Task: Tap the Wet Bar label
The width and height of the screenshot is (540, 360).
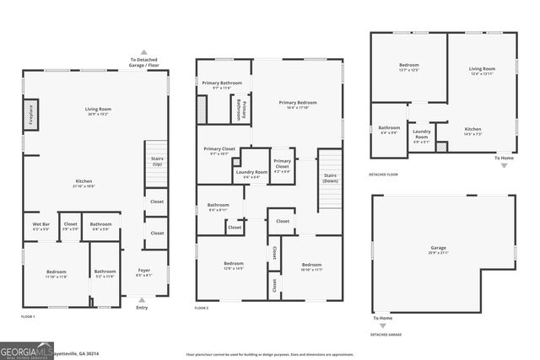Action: (40, 226)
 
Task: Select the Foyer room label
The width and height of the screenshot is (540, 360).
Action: (144, 271)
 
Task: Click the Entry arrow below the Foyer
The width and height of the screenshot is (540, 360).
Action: (142, 298)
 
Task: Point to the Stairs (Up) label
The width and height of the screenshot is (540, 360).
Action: (156, 162)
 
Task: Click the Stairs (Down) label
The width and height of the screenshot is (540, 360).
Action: (330, 178)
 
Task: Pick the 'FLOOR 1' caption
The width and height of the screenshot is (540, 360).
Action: (28, 316)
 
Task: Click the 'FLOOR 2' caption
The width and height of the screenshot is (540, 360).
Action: (202, 309)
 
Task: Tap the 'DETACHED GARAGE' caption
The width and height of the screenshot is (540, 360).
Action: (385, 335)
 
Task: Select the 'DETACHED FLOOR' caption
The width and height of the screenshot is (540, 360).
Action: (384, 175)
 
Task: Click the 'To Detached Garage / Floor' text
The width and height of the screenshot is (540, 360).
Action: (143, 61)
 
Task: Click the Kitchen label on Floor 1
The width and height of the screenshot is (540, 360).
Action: (84, 183)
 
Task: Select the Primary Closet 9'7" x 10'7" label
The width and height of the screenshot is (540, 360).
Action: (219, 152)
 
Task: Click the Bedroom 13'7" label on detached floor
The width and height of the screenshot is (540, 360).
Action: (408, 67)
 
